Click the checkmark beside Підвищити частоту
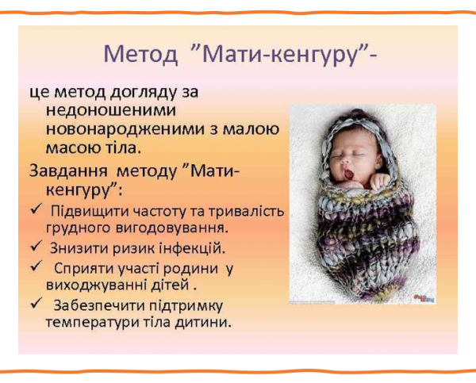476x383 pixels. click(x=35, y=209)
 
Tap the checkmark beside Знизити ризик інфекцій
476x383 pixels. click(x=35, y=247)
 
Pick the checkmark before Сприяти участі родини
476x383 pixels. click(x=35, y=266)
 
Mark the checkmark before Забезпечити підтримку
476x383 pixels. click(x=35, y=304)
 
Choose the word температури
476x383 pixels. click(x=86, y=324)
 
